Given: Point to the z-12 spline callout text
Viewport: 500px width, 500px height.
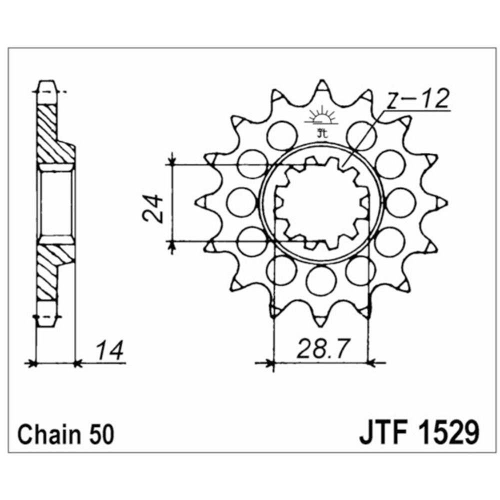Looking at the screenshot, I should tap(418, 101).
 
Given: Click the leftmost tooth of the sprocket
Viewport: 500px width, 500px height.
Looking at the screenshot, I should tap(202, 201).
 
